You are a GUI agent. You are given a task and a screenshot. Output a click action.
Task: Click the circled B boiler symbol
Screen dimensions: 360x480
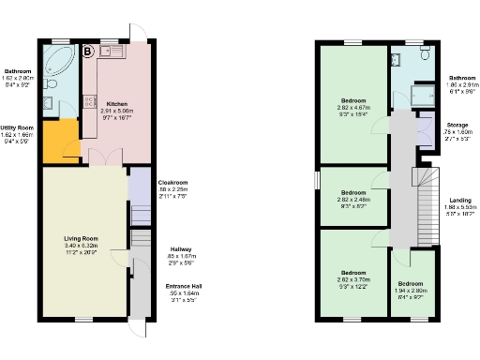88,51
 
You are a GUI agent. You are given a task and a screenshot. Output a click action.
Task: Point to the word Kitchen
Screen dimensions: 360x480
117,105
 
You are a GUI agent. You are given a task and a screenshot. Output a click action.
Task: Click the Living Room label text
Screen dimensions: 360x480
81,239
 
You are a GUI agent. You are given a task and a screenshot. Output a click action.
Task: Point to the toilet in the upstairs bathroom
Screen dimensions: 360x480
425,58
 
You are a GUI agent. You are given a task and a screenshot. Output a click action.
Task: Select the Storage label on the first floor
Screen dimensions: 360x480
457,124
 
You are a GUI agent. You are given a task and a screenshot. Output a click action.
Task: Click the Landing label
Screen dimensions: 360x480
460,200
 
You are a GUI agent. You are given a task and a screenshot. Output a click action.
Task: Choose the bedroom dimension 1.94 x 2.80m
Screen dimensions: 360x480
411,290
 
